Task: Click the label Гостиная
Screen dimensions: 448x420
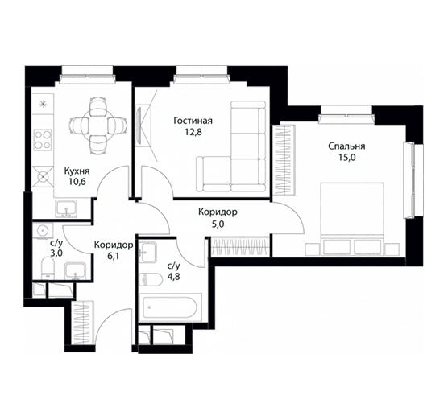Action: click(x=193, y=121)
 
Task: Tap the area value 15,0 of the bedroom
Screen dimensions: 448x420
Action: click(x=346, y=157)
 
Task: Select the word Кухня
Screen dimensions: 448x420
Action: click(x=77, y=171)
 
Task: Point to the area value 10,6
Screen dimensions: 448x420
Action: click(x=77, y=182)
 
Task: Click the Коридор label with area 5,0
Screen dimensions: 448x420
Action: click(x=218, y=212)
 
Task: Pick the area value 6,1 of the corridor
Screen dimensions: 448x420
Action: click(x=113, y=256)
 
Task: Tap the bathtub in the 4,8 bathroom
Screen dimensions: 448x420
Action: click(x=170, y=308)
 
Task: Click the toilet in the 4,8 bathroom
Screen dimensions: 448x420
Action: click(x=151, y=279)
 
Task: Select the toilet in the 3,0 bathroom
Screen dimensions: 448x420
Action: click(x=48, y=268)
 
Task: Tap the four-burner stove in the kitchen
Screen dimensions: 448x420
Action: click(x=43, y=140)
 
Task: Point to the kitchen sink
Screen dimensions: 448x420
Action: click(x=66, y=208)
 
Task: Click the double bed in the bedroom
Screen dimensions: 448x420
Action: click(x=352, y=219)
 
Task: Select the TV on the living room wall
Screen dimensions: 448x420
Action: click(x=140, y=126)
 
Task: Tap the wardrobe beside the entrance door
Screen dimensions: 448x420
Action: click(x=82, y=323)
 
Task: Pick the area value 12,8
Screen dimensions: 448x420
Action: click(x=193, y=132)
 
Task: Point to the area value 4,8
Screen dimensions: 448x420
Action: click(x=174, y=277)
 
